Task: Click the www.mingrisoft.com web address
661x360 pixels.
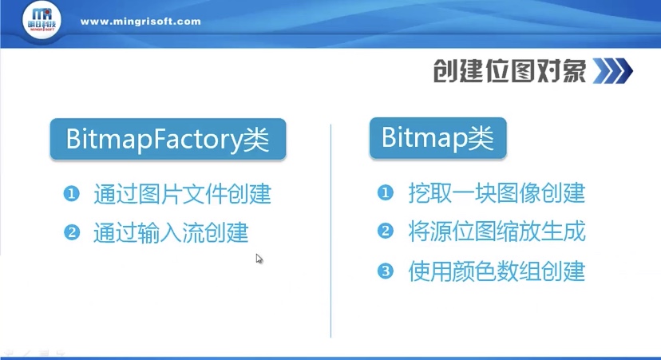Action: [x=141, y=22]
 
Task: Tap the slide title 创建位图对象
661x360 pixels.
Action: [x=509, y=71]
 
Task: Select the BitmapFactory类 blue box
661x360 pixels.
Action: [x=167, y=140]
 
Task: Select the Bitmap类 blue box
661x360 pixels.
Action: [x=437, y=139]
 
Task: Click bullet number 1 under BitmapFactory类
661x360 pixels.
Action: [x=71, y=194]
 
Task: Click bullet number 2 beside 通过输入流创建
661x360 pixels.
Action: [x=71, y=233]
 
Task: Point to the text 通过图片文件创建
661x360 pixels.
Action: [x=182, y=194]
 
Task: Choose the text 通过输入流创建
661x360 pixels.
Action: [x=171, y=233]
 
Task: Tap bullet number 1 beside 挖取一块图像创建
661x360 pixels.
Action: [x=386, y=193]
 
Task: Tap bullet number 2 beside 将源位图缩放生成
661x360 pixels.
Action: [x=386, y=232]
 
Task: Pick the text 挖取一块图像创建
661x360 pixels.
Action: [x=497, y=193]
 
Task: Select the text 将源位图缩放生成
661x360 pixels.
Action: [x=497, y=232]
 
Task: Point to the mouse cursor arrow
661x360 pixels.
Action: [x=259, y=258]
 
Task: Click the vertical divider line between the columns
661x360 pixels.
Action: [x=330, y=231]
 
